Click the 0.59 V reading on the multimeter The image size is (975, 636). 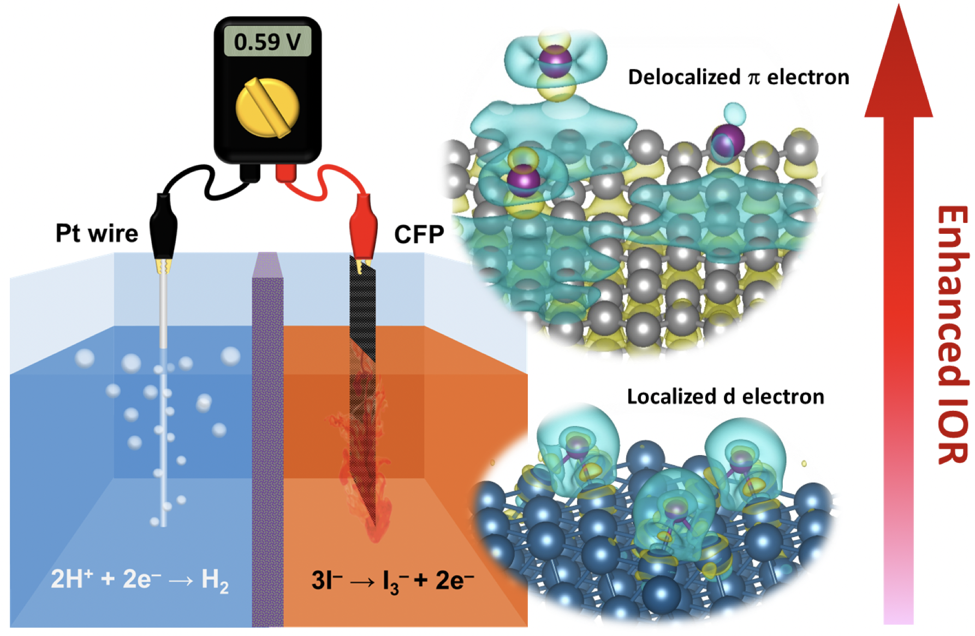pos(267,42)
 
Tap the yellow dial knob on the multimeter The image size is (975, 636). pos(267,107)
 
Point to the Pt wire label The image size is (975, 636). pos(97,233)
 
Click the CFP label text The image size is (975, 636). pos(419,234)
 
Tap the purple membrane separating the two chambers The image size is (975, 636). pos(267,437)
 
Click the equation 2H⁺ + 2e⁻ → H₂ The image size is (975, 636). pos(139,579)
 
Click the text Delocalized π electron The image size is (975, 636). pos(738,78)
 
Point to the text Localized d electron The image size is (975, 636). pos(725,397)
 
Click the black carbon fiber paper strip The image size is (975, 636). pos(362,306)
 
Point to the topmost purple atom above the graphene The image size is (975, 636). pos(555,59)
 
